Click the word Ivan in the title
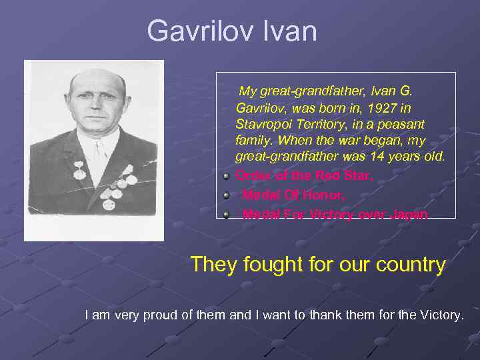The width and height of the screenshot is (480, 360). [x=291, y=31]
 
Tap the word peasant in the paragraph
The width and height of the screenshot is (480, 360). [x=402, y=124]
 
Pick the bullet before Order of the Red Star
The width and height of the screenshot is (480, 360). [x=227, y=177]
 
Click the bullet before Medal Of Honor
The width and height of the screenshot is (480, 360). [x=227, y=195]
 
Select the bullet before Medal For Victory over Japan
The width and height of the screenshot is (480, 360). [x=227, y=214]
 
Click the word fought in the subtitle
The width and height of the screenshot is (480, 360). [x=272, y=265]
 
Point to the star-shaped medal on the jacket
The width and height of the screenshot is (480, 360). [x=127, y=170]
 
